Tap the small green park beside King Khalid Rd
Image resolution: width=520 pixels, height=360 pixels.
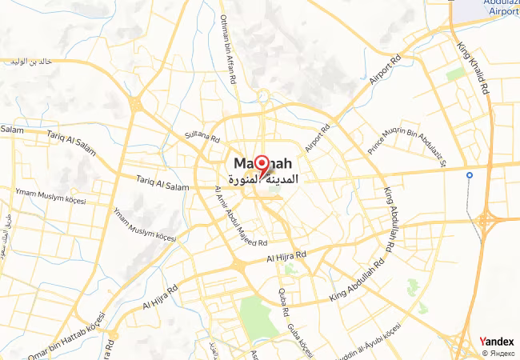(x=455, y=74)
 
